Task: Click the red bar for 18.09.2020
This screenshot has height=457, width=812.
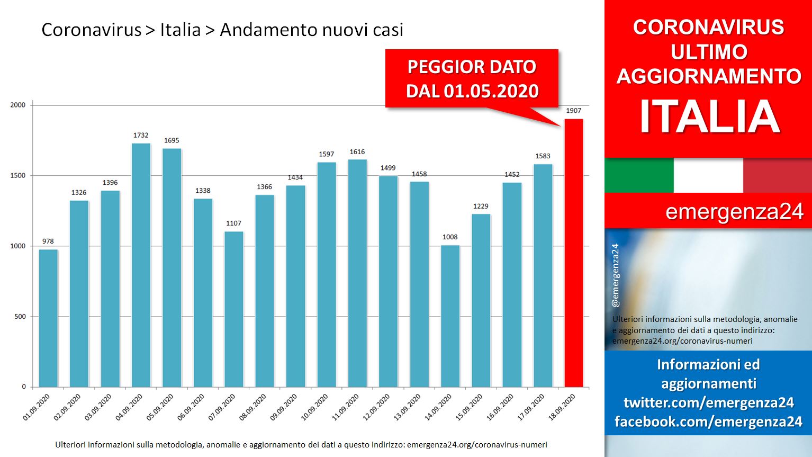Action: pos(574,253)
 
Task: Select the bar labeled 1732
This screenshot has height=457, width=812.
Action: pos(141,265)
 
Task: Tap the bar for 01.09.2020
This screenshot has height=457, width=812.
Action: pos(48,318)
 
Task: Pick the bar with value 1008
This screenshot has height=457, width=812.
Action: pos(450,316)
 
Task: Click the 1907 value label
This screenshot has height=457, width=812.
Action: pos(573,111)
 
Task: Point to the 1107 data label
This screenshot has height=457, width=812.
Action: pos(233,223)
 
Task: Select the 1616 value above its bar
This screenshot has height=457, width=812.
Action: pos(357,152)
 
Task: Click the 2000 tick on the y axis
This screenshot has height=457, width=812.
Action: pos(18,105)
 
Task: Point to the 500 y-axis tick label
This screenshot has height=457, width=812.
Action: pos(20,317)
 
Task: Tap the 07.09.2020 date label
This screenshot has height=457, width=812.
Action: pos(221,407)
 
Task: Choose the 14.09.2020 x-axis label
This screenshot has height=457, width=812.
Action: pos(438,407)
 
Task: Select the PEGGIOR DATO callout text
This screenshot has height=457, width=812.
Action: pos(472,67)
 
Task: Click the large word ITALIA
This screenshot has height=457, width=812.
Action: pos(710,117)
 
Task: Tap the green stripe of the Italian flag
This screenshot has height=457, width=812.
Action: pos(639,175)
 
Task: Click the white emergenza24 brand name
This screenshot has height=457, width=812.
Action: pos(734,211)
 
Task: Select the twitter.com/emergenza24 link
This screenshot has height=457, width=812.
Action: pos(709,402)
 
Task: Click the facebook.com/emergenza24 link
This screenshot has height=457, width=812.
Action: pos(709,422)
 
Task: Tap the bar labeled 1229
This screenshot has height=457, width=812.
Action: pos(481,301)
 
